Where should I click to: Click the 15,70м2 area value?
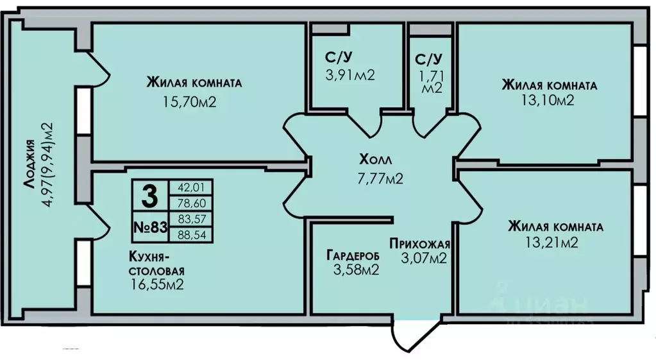190,102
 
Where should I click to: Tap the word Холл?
375,160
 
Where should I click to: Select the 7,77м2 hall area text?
380,179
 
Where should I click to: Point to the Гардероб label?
353,255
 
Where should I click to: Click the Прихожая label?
419,243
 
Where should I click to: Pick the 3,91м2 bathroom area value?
350,75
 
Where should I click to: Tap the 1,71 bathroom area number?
432,76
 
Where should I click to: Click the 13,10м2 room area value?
548,101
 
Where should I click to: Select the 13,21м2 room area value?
552,243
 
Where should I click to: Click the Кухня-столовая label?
157,263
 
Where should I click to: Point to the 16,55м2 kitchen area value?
157,285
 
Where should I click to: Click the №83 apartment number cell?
150,227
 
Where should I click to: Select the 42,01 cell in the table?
192,187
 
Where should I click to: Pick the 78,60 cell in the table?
192,203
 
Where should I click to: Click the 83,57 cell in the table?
192,219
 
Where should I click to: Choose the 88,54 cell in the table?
192,235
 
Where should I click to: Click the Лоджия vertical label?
29,164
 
